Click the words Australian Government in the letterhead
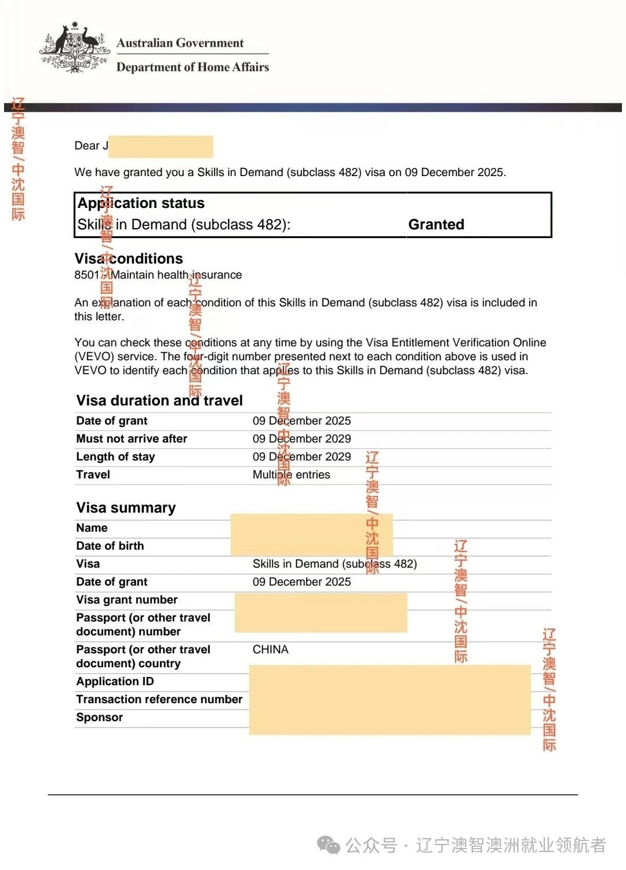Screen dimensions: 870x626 pyautogui.click(x=180, y=43)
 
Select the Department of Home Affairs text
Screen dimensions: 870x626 pyautogui.click(x=192, y=67)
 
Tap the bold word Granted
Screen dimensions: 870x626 pyautogui.click(x=436, y=225)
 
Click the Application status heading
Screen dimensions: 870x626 pyautogui.click(x=141, y=203)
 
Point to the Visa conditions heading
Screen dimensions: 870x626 pyautogui.click(x=129, y=258)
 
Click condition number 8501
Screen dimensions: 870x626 pyautogui.click(x=86, y=275)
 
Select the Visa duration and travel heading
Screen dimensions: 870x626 pyautogui.click(x=159, y=400)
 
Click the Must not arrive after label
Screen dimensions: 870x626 pyautogui.click(x=132, y=439)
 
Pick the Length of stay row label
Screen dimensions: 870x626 pyautogui.click(x=115, y=457)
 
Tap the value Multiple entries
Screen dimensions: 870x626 pyautogui.click(x=291, y=475)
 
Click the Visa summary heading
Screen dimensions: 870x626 pyautogui.click(x=126, y=508)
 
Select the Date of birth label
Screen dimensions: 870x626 pyautogui.click(x=110, y=546)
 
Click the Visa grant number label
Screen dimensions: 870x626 pyautogui.click(x=127, y=600)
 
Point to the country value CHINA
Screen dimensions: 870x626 pyautogui.click(x=271, y=650)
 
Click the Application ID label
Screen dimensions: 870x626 pyautogui.click(x=115, y=682)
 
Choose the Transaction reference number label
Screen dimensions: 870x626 pyautogui.click(x=159, y=700)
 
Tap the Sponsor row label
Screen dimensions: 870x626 pyautogui.click(x=100, y=718)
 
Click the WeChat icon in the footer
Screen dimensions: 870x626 pyautogui.click(x=329, y=846)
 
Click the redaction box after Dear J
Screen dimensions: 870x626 pyautogui.click(x=161, y=147)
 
